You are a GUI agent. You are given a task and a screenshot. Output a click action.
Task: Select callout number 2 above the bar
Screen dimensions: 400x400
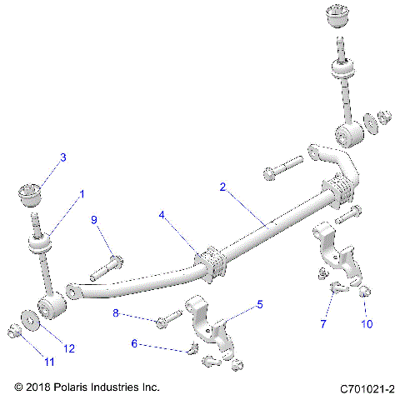point(222,187)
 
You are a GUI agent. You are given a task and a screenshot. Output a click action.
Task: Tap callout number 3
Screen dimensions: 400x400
point(62,157)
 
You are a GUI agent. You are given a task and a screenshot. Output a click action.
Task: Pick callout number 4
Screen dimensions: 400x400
point(163,214)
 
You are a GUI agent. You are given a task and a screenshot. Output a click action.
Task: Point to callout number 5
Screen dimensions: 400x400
point(259,304)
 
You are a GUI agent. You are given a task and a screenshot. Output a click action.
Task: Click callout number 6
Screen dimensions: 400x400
point(135,342)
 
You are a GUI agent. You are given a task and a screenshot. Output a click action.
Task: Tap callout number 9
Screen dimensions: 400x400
point(94,219)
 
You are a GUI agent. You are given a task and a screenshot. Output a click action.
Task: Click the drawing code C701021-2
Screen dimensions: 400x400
point(367,388)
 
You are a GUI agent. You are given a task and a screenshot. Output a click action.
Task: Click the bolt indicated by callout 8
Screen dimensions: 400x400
point(167,317)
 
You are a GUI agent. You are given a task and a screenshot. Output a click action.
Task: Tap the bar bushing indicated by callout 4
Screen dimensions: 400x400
point(210,262)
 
